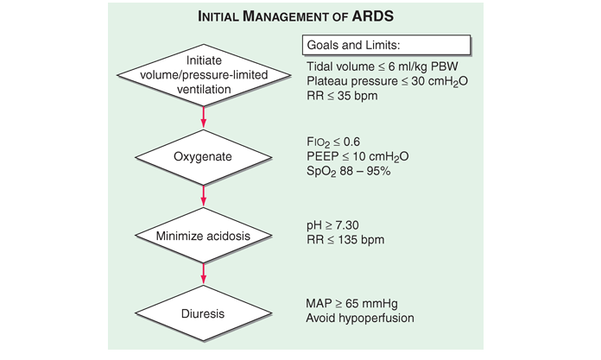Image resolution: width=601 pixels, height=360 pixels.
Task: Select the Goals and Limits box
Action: tap(386, 46)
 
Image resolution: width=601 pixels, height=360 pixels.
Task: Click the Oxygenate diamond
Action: tap(203, 157)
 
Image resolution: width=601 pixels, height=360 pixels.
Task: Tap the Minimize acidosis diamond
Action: tap(203, 236)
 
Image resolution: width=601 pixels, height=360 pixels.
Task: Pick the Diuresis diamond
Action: tap(203, 313)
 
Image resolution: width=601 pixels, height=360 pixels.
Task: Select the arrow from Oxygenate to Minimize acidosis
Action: tap(203, 197)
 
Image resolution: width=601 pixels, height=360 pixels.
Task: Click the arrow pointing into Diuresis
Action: tap(203, 275)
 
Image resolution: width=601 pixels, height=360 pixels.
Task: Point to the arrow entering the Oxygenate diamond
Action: tap(203, 117)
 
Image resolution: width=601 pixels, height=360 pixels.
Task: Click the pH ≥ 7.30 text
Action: tap(333, 224)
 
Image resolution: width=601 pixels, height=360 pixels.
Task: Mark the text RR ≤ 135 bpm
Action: tap(345, 239)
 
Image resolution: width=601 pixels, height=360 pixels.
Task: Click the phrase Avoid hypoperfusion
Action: tap(358, 319)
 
